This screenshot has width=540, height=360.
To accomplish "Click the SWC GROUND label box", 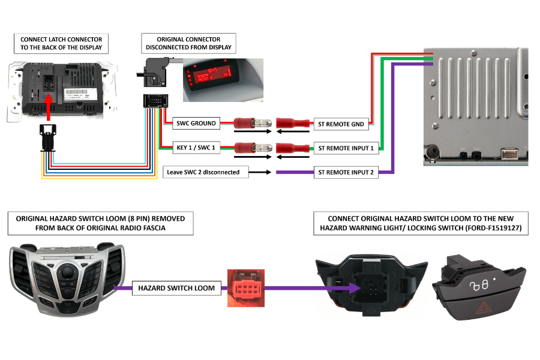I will [x=196, y=124].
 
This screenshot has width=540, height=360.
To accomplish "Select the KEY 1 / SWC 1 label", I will [x=196, y=148].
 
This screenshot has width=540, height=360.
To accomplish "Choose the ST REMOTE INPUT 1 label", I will [x=346, y=148].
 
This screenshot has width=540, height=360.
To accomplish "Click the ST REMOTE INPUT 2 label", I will [x=346, y=173].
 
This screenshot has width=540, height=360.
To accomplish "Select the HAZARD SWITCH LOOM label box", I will [x=168, y=289].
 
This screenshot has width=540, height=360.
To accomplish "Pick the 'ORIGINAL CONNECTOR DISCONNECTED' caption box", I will [x=189, y=43].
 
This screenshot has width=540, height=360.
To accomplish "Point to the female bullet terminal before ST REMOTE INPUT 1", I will [x=291, y=148].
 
